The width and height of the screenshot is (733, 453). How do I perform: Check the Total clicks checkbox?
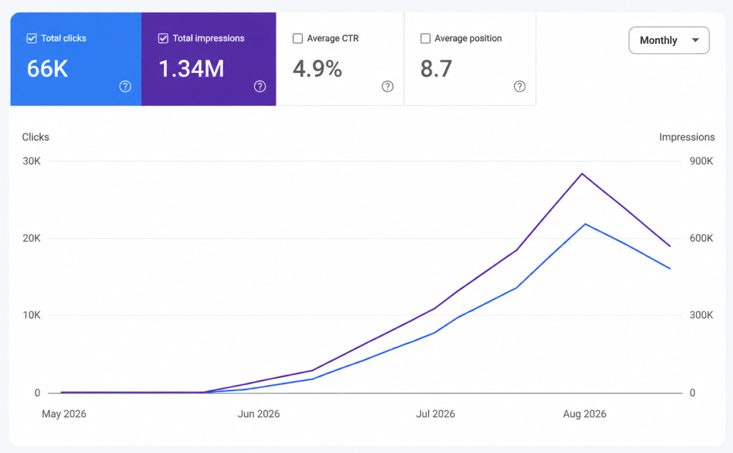point(31,39)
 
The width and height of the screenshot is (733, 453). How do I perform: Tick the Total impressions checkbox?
point(163,39)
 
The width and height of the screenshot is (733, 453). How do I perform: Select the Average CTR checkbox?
point(298,39)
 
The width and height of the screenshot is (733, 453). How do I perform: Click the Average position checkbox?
point(425,39)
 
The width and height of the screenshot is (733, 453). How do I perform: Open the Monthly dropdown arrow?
point(695,40)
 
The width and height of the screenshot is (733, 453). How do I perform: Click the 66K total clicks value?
point(47,69)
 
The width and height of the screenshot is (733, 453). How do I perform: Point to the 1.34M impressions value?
point(191,69)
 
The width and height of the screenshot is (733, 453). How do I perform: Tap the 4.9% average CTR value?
point(317,69)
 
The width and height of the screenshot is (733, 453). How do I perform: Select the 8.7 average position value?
point(436,69)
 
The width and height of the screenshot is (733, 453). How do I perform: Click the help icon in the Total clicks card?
point(125,86)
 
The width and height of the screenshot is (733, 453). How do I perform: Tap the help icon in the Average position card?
point(520,86)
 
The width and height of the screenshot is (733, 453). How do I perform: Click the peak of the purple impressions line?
point(582,173)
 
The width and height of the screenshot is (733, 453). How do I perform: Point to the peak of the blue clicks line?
point(586,224)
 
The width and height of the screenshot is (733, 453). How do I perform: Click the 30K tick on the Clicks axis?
point(31,161)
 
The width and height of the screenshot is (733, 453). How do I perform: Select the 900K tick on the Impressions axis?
point(702,161)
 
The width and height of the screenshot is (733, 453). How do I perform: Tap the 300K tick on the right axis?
point(702,315)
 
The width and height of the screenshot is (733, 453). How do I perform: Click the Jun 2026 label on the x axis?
point(258,414)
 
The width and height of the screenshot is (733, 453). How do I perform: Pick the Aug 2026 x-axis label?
point(584,414)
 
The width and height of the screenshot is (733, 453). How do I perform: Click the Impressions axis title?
point(686,137)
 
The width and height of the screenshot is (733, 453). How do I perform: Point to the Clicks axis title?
point(36,137)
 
